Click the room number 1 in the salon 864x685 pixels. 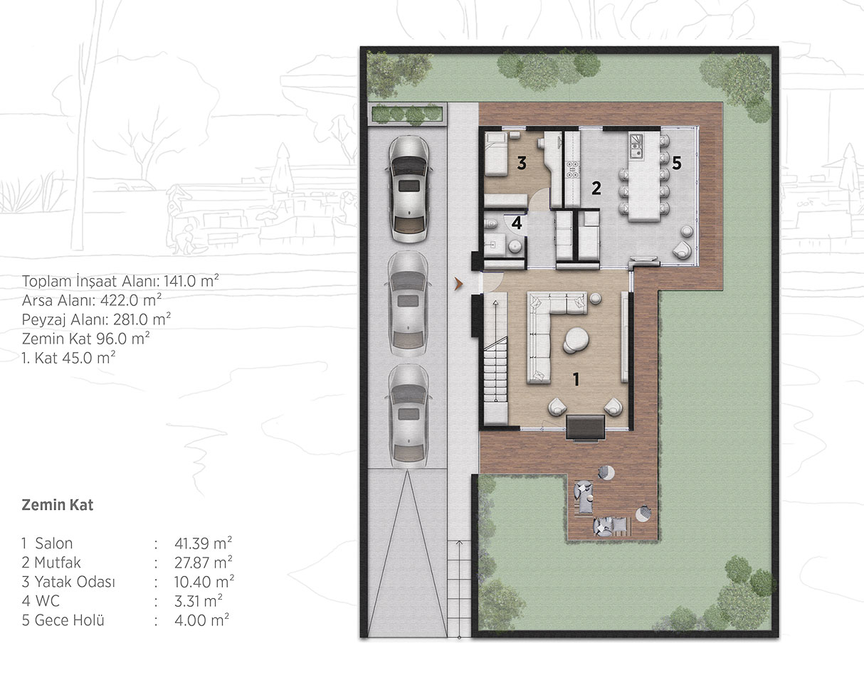[576, 379]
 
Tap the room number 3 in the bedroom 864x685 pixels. [522, 164]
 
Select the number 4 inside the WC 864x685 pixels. [517, 223]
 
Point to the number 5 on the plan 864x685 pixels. [677, 164]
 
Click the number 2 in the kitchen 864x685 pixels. [596, 188]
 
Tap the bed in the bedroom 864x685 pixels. [496, 155]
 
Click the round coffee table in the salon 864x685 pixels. [576, 340]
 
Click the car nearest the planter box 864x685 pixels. [409, 189]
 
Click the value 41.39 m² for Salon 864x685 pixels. [203, 543]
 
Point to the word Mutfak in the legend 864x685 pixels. [58, 563]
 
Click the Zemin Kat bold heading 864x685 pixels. [58, 505]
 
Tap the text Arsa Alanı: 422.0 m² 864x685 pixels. [92, 300]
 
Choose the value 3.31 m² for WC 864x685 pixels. [199, 601]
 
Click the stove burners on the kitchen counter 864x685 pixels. [572, 169]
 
